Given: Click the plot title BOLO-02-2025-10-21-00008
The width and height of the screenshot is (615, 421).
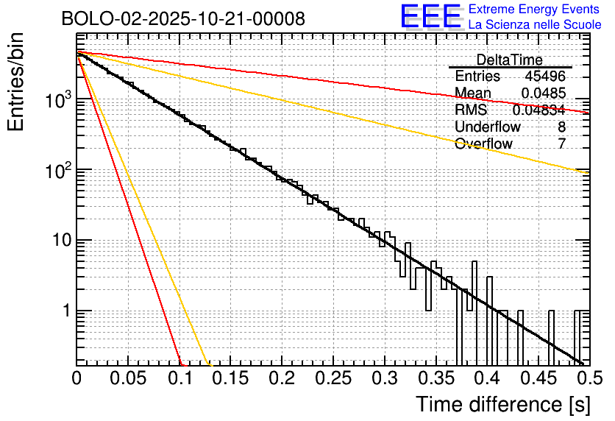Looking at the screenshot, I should pos(183,19).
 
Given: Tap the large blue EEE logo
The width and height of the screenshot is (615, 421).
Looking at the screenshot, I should pos(430,17).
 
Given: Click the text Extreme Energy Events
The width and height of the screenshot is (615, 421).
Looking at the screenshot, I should pos(535,10).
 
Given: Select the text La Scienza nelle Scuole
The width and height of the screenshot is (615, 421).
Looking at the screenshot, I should pos(535,24).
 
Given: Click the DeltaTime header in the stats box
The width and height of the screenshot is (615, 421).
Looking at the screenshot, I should pos(510,60).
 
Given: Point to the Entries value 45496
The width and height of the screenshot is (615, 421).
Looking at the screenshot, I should pos(545,77).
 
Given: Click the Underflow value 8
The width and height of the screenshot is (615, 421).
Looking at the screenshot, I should pos(561,127).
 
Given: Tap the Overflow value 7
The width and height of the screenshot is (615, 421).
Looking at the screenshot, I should pos(561,144).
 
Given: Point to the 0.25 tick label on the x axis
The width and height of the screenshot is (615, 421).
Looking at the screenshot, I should pos(332,378).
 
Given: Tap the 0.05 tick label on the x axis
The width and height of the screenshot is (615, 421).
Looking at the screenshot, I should pos(127,378).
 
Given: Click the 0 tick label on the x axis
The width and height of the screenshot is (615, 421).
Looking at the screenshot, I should pos(77,378).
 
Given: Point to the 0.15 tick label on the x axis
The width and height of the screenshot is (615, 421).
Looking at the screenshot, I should pos(230,378).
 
